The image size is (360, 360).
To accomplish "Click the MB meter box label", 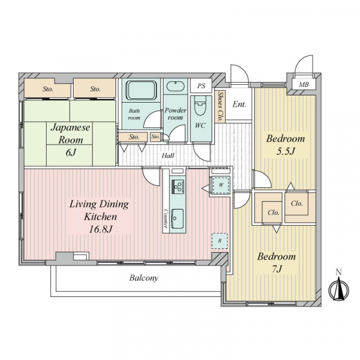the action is (304, 85).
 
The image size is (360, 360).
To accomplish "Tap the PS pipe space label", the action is (201, 86).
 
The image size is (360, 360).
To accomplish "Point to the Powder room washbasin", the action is (175, 86).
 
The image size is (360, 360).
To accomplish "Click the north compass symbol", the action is (339, 289).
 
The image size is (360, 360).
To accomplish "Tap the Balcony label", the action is (144, 278).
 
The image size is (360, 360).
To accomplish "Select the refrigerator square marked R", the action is (220, 241).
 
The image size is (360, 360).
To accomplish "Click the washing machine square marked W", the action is (221, 185).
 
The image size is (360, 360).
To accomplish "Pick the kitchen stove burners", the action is (178, 186).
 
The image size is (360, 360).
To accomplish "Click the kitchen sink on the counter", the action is (178, 218).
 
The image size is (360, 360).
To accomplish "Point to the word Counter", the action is (166, 218).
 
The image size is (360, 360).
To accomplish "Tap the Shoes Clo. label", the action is (220, 107).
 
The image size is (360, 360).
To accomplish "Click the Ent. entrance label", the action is (239, 104).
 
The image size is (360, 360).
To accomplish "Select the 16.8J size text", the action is (101, 229).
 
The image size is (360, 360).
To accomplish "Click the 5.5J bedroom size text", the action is (286, 151).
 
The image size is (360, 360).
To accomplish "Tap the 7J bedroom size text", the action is (277, 269).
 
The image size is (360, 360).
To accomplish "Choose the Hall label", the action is (168, 156).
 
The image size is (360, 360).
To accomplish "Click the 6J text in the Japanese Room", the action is (70, 152).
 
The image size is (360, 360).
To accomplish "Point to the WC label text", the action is (200, 125).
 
